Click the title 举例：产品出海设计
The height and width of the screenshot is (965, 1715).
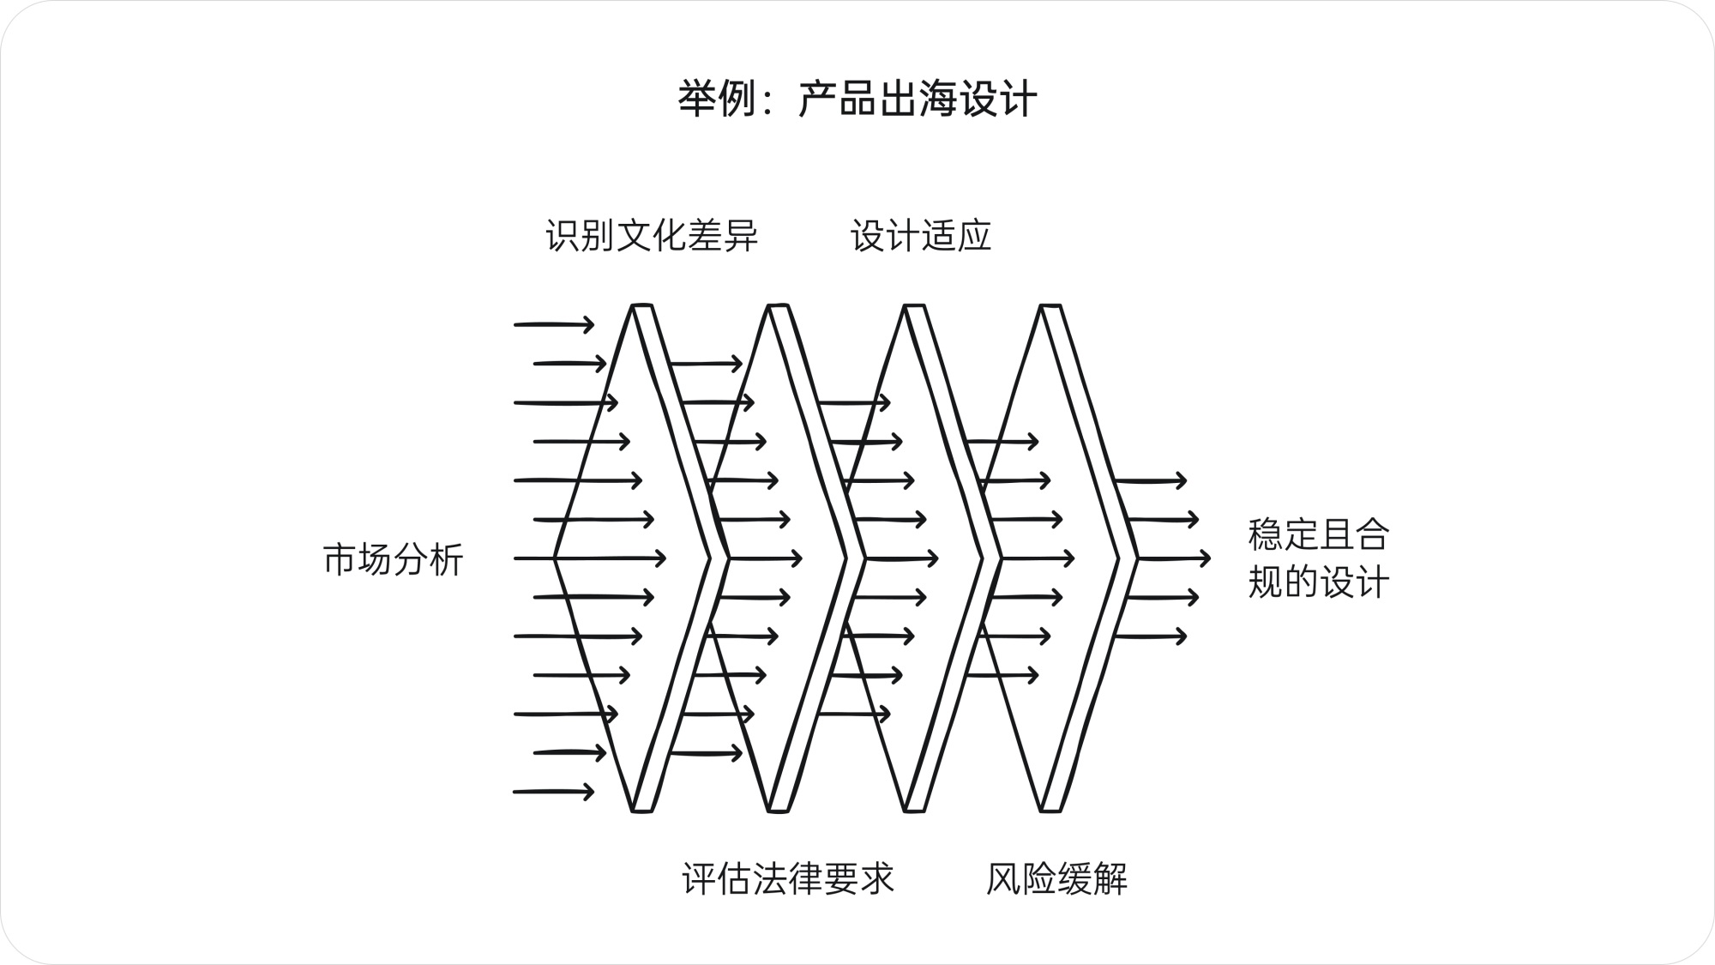(857, 100)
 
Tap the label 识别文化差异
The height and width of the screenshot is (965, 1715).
(652, 236)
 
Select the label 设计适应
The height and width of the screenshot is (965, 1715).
(921, 236)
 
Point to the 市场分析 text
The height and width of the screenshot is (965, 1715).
(394, 559)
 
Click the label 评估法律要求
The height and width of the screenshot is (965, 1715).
(788, 878)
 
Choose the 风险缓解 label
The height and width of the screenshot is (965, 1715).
(1056, 878)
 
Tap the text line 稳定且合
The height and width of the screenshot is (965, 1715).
(1318, 534)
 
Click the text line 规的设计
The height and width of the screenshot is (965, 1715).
(1318, 582)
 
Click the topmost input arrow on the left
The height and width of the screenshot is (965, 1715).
(554, 324)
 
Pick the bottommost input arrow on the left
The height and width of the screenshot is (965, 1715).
(554, 792)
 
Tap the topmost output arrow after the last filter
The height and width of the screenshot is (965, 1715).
(1150, 480)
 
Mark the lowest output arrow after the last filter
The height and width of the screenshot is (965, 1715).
(1150, 636)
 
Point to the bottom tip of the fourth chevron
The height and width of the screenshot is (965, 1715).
(1051, 809)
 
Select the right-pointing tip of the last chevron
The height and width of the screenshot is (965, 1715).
(1136, 558)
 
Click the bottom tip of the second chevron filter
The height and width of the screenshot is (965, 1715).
(779, 809)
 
